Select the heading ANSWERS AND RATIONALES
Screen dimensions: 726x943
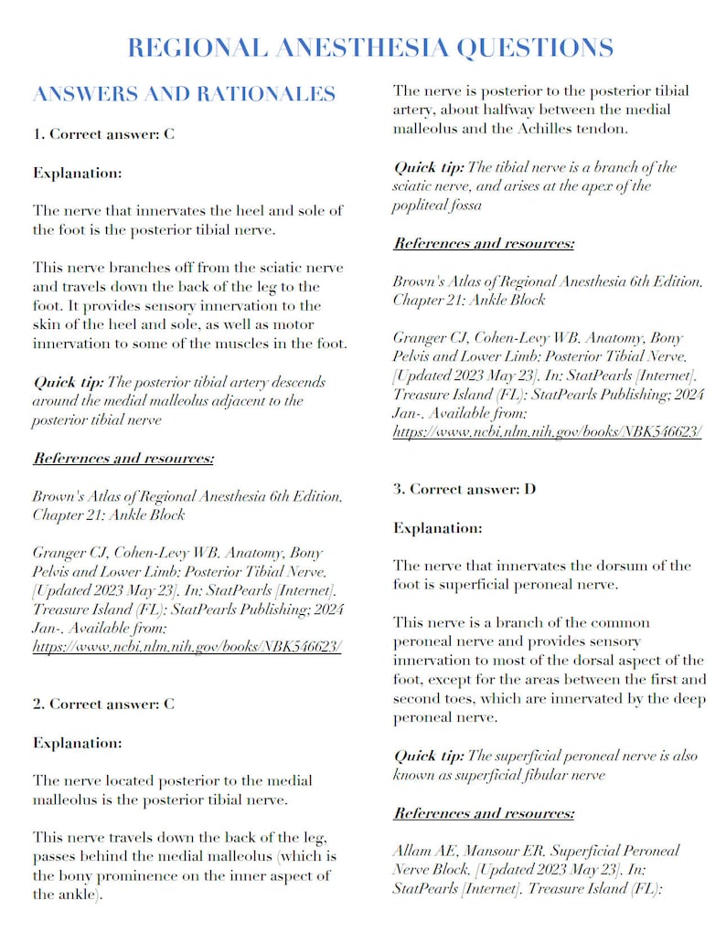[184, 94]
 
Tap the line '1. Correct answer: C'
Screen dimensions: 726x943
[103, 134]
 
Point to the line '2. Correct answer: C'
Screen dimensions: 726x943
[103, 704]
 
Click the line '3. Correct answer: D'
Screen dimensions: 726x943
[464, 489]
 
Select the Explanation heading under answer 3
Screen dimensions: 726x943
[438, 527]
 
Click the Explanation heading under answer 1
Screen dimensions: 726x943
[78, 172]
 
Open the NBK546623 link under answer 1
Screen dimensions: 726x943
[187, 646]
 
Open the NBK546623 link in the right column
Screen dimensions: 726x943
[548, 431]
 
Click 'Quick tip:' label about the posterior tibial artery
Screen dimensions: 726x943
[69, 381]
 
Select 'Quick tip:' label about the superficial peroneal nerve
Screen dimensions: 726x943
[429, 756]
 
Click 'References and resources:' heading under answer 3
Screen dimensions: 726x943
[484, 812]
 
